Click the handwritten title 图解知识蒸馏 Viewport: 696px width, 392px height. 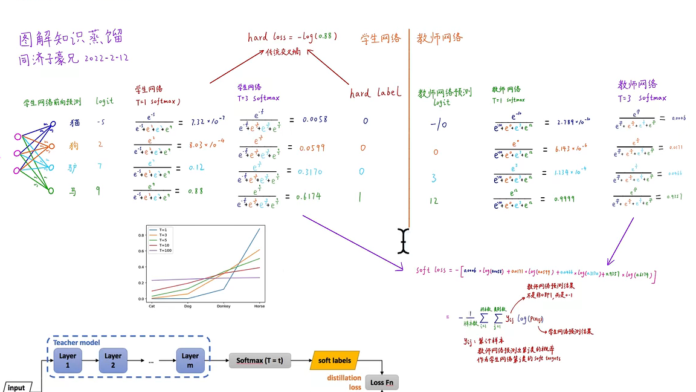(x=71, y=39)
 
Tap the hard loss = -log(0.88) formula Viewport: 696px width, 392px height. (x=292, y=37)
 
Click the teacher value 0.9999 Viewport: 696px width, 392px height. (x=564, y=199)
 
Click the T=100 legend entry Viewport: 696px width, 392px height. (x=166, y=250)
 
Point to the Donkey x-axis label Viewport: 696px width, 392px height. (x=223, y=306)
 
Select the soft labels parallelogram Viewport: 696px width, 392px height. (x=335, y=361)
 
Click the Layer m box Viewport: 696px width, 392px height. (x=190, y=361)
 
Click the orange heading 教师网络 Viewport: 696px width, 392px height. (x=440, y=38)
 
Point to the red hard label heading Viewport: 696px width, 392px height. (x=375, y=93)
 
